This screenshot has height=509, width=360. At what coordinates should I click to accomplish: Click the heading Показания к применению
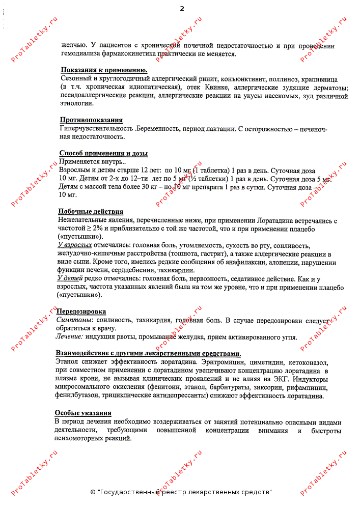(104, 70)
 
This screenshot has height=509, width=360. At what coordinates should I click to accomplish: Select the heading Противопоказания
(91, 120)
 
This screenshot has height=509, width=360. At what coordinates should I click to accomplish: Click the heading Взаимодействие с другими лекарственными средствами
(148, 353)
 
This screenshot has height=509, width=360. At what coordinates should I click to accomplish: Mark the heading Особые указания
(83, 413)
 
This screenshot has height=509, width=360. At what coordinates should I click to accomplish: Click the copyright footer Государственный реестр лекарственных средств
(181, 492)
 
